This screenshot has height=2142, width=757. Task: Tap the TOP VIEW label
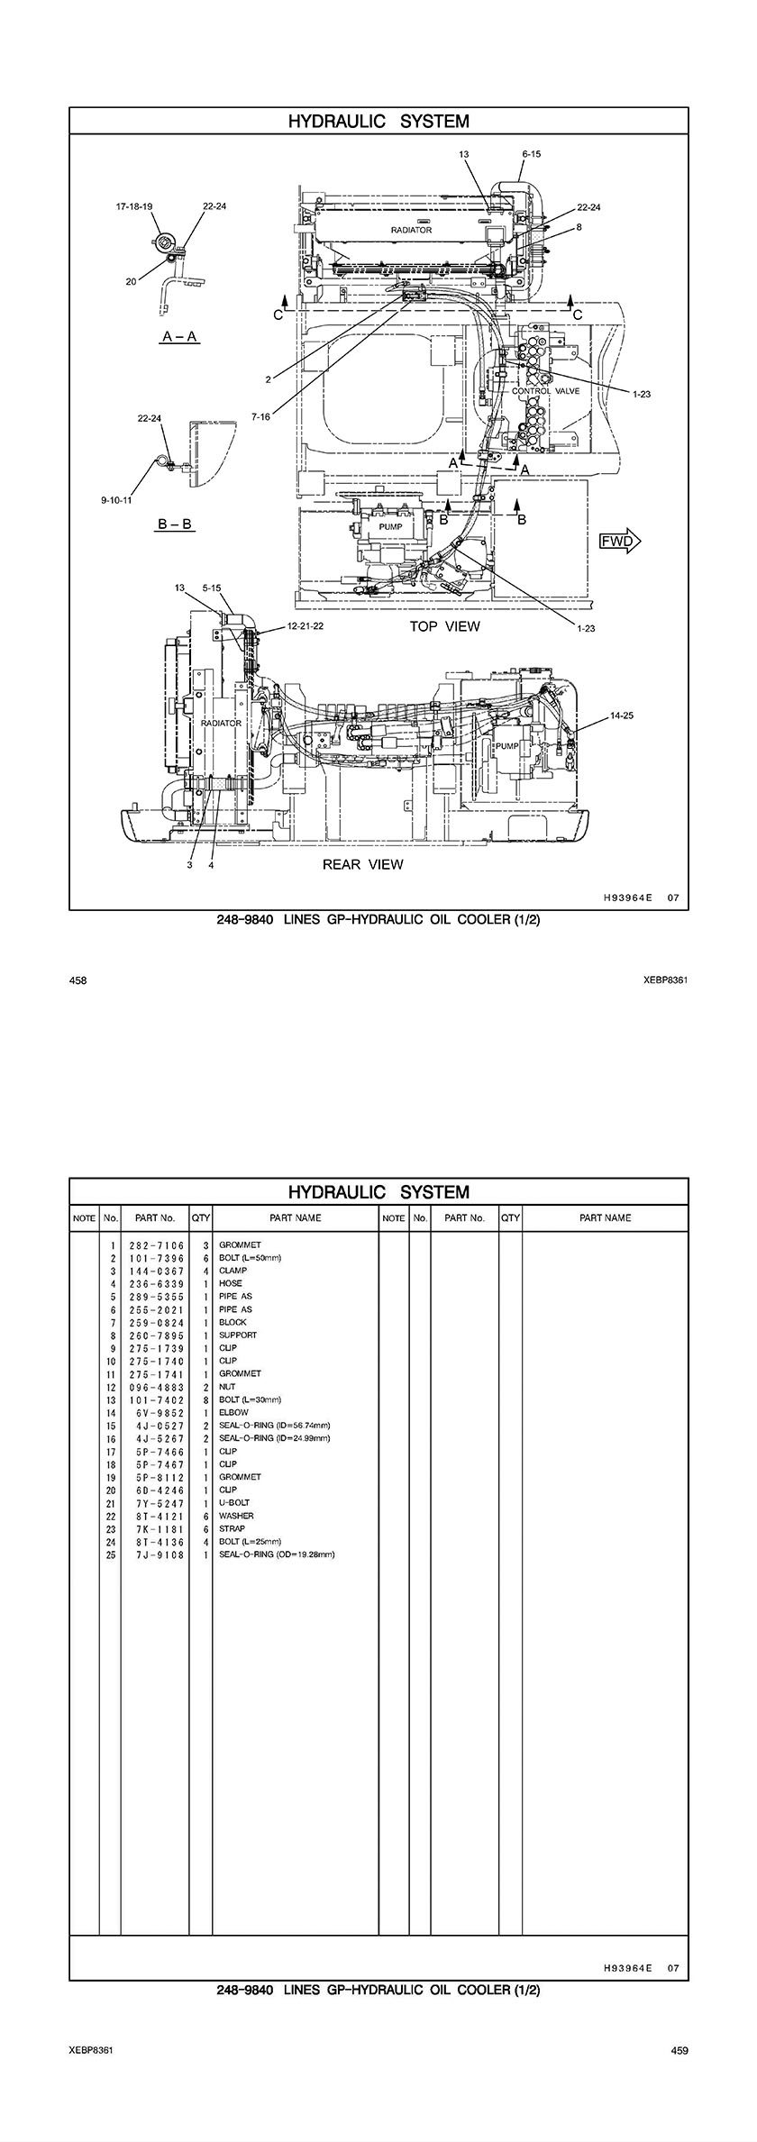coord(445,626)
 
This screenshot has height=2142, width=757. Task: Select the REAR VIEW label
coord(363,864)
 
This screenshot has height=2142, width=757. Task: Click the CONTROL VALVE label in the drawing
coord(546,391)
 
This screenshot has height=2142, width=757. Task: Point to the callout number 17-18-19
coord(133,206)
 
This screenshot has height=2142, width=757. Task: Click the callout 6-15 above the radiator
coord(531,154)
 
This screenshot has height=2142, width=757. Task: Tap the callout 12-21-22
coord(306,625)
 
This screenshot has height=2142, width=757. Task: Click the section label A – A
coord(179,336)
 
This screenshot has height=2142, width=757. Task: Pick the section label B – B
coord(175,524)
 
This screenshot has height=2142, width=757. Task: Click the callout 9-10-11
coord(116,499)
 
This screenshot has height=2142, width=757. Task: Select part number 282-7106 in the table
coord(157,1245)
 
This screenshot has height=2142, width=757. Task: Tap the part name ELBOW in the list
coord(233,1413)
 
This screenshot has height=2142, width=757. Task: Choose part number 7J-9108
coord(157,1554)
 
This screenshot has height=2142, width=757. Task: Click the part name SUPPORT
coord(238,1335)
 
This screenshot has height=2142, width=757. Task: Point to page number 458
coord(78,980)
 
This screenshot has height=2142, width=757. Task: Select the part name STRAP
coord(232,1529)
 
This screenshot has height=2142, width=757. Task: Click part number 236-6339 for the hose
coord(157,1284)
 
